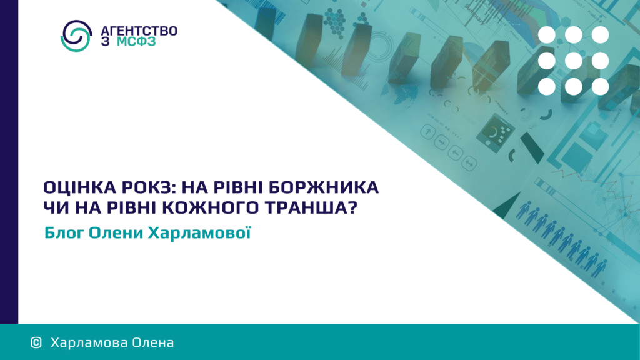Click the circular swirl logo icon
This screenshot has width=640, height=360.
76,36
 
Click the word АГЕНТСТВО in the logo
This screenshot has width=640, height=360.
139,31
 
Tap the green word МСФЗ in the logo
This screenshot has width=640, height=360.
136,42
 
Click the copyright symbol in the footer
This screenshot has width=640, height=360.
36,342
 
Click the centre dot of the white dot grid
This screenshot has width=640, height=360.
574,61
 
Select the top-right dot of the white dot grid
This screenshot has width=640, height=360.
601,35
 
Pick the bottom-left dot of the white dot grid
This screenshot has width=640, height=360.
547,86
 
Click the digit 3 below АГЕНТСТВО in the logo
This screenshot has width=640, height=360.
105,42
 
